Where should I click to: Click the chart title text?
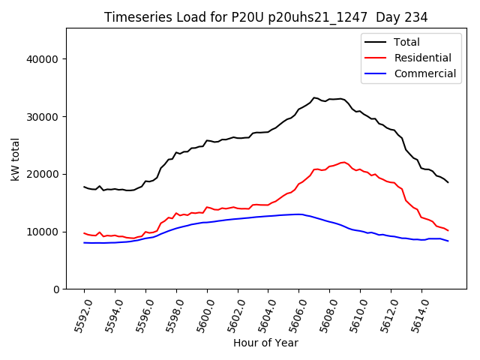click(x=265, y=17)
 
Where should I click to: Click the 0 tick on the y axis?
click(x=55, y=289)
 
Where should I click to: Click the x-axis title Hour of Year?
click(x=265, y=343)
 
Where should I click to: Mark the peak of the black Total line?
click(x=314, y=97)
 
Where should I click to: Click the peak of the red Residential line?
click(x=343, y=162)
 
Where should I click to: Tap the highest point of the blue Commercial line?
click(x=299, y=214)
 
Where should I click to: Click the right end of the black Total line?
click(x=448, y=182)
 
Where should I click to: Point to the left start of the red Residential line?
click(x=84, y=233)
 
